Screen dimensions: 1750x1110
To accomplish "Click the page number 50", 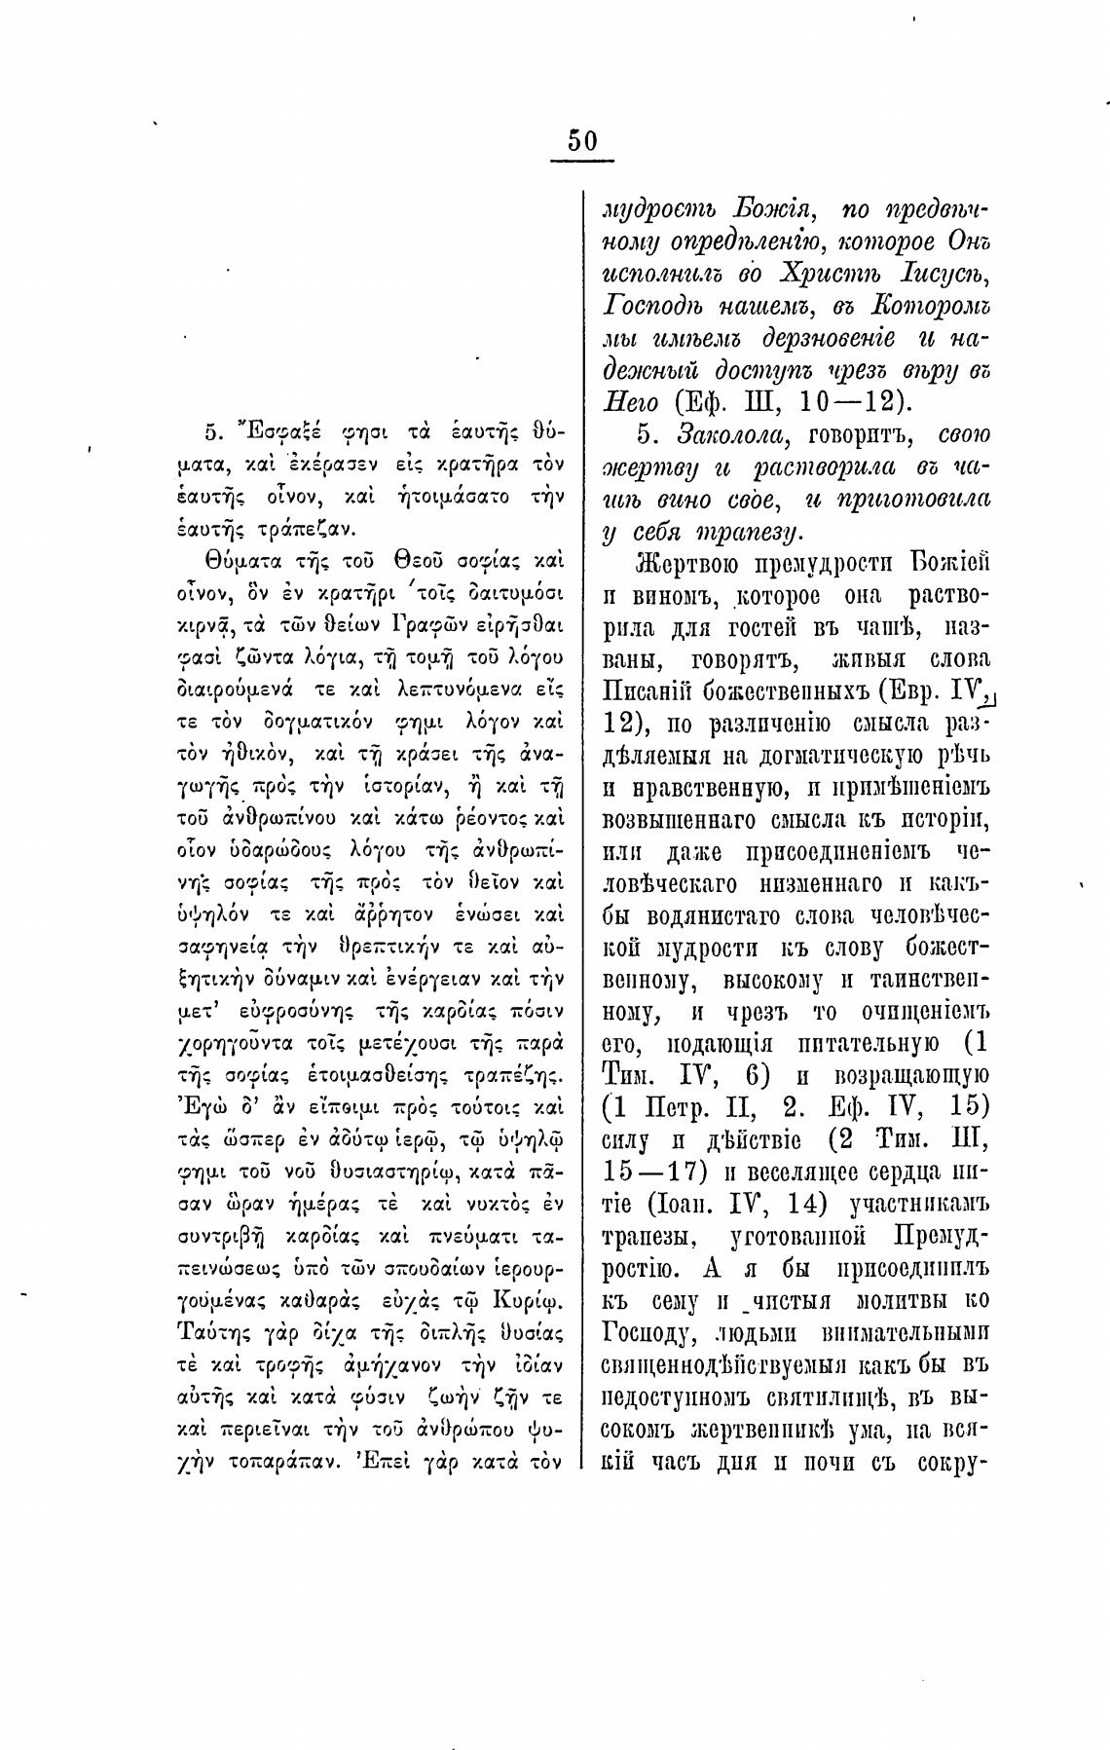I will [x=582, y=140].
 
